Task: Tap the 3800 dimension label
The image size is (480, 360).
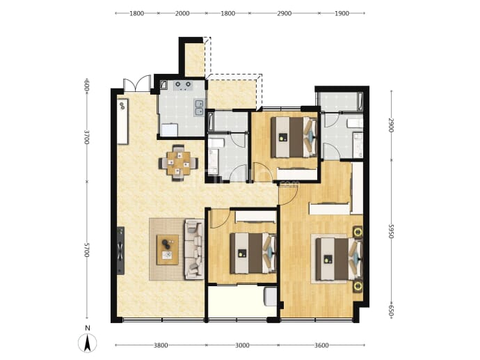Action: (x=161, y=345)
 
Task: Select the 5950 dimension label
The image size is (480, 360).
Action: (x=391, y=231)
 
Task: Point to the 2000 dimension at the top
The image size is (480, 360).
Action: (x=182, y=13)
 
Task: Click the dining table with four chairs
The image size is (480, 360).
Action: (x=178, y=163)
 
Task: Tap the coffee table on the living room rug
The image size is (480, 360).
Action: (x=168, y=250)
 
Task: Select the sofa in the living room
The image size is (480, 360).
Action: (x=194, y=249)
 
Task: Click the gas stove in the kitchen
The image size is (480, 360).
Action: (x=183, y=86)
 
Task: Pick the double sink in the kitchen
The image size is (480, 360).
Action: (x=200, y=108)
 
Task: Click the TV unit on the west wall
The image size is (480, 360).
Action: (x=120, y=250)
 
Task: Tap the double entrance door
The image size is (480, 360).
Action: (x=137, y=84)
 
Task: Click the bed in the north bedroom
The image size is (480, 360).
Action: (x=294, y=137)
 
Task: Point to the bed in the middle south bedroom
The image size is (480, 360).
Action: (x=253, y=253)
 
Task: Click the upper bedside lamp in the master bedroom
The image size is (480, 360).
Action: (x=358, y=232)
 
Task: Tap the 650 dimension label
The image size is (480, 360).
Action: (x=391, y=311)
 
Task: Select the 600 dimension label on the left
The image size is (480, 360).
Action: (x=87, y=84)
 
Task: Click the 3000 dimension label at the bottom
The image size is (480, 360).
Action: (x=242, y=345)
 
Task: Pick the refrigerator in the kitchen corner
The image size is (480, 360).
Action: (x=169, y=130)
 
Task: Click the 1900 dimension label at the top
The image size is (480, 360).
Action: (x=342, y=13)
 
